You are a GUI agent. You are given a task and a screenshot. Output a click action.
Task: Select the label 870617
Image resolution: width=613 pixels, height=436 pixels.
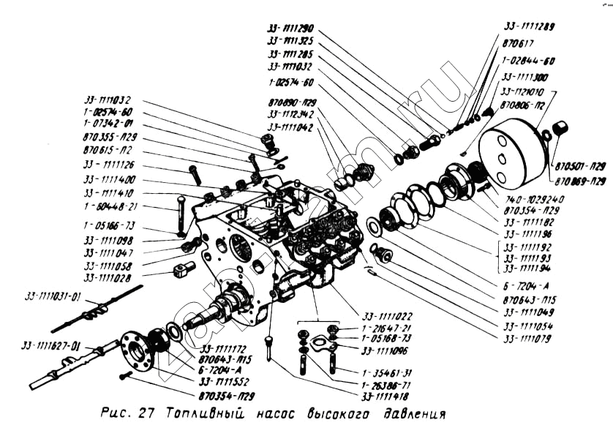coord(518,42)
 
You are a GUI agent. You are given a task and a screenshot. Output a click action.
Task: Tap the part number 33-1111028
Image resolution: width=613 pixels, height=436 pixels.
coord(109,278)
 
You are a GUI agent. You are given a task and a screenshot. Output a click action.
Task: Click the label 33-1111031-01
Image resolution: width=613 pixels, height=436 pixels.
coord(54,296)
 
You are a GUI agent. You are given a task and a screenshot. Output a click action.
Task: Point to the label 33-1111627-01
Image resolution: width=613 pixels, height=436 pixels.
coord(52,345)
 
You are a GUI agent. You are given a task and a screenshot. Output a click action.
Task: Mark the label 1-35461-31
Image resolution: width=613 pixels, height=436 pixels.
coord(385,372)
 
